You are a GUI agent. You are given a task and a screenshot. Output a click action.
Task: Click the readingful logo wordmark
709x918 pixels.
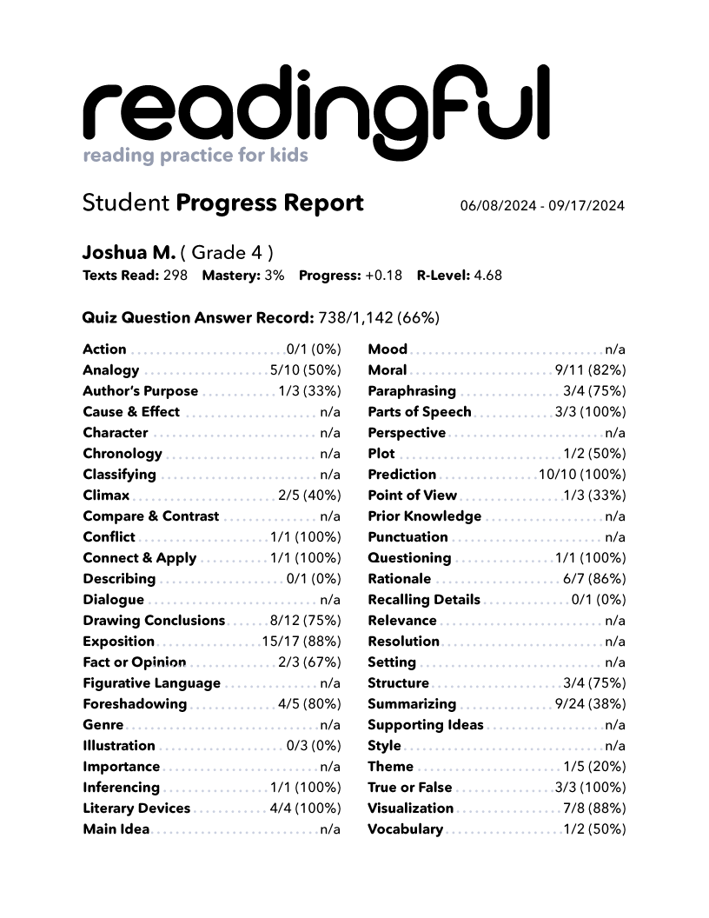316,108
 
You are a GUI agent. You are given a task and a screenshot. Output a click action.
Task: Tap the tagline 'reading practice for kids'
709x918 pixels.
195,156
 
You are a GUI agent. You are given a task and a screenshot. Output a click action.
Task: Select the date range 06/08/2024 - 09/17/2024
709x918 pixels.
542,206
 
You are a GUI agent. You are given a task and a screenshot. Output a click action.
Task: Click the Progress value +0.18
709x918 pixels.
383,276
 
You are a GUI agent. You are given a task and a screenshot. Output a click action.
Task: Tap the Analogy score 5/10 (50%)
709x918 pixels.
305,370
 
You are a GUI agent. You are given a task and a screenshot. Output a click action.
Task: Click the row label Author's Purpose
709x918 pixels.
141,391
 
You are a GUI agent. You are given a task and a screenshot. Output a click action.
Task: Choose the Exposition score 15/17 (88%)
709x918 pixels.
301,642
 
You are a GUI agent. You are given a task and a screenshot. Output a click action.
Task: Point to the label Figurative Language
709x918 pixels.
152,683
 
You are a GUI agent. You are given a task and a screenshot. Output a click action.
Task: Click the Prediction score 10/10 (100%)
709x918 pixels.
582,475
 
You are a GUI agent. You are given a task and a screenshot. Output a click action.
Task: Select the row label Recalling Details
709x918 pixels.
424,600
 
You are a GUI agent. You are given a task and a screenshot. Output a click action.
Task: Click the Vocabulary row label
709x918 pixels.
406,829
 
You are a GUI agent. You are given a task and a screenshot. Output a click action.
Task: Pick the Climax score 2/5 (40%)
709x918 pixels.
309,496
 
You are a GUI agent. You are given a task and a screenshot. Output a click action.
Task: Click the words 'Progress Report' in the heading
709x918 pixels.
269,203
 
